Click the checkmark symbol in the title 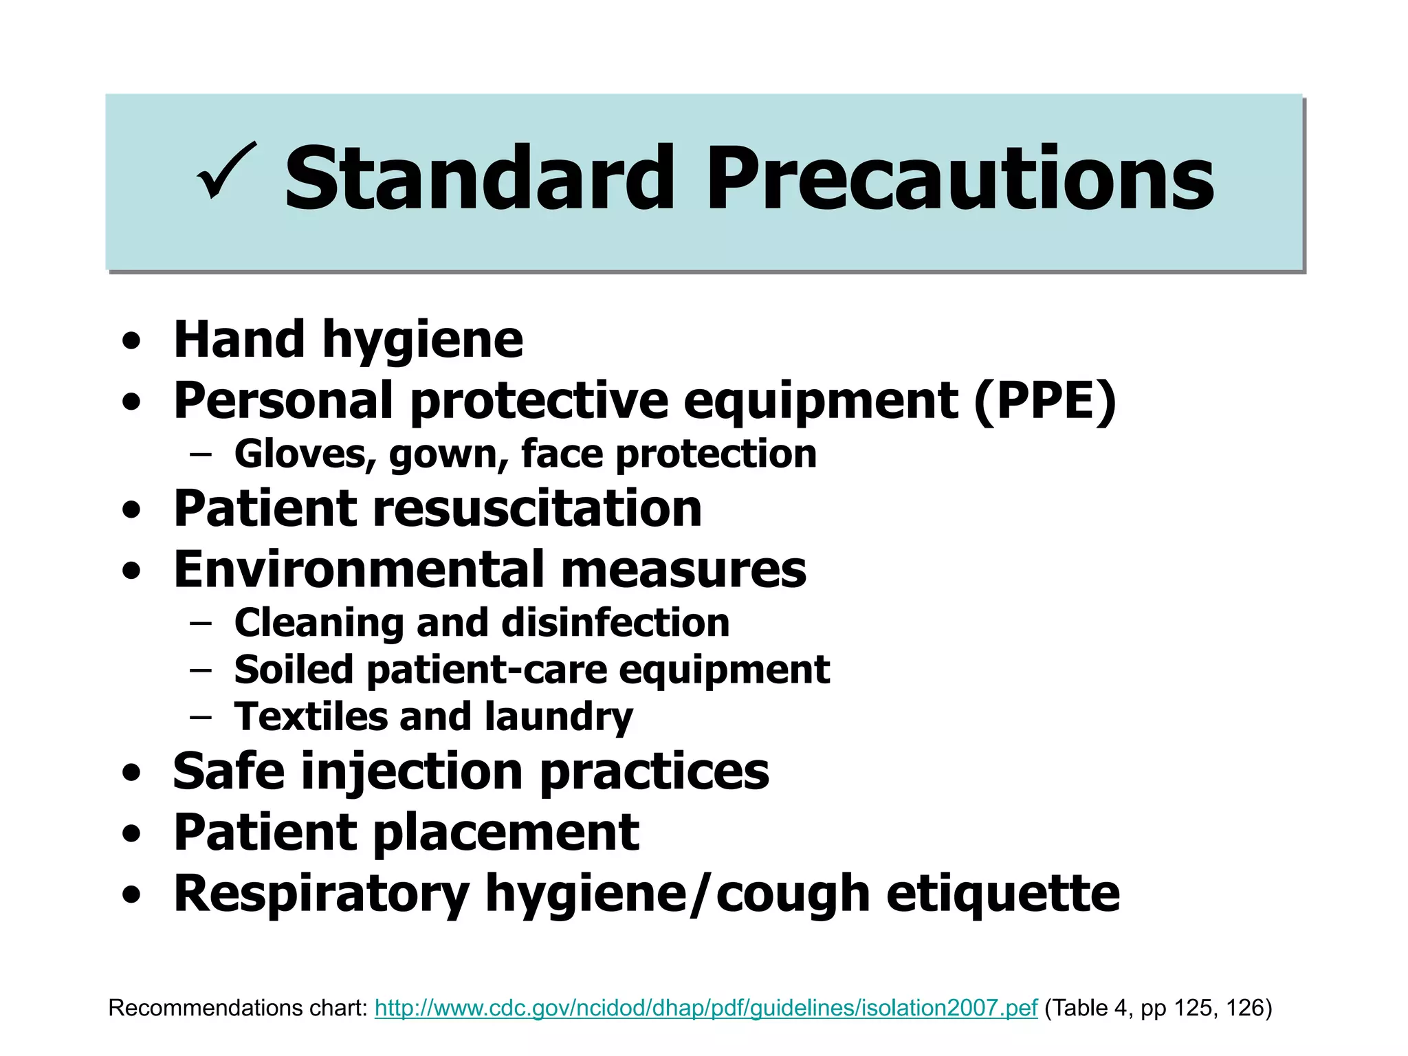pyautogui.click(x=227, y=172)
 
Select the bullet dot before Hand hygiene pyautogui.click(x=131, y=342)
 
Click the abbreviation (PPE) pyautogui.click(x=1045, y=401)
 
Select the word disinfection pyautogui.click(x=615, y=623)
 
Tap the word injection pyautogui.click(x=412, y=771)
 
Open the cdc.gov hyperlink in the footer pyautogui.click(x=705, y=1008)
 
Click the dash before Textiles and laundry pyautogui.click(x=200, y=716)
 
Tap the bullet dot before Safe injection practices pyautogui.click(x=131, y=773)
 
